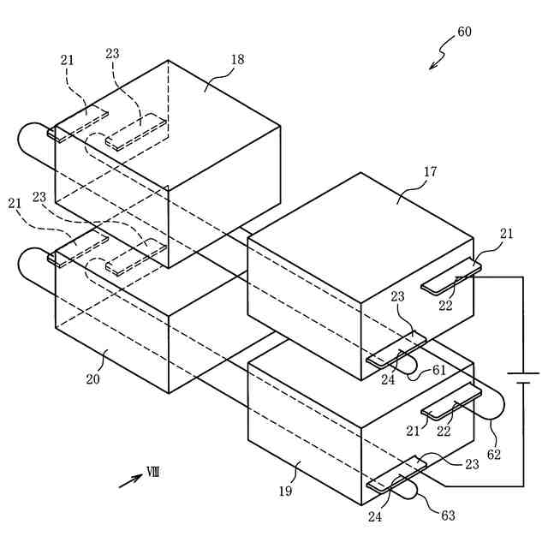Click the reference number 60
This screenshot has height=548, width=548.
click(x=464, y=33)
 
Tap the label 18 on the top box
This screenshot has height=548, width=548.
click(x=237, y=59)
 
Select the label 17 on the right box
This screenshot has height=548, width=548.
click(x=430, y=172)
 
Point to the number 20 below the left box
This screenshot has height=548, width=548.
click(x=92, y=378)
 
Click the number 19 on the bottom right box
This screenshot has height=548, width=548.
click(x=286, y=491)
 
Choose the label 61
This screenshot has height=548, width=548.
click(x=438, y=369)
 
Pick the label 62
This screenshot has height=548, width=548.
click(x=493, y=453)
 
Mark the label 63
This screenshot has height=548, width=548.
click(x=448, y=515)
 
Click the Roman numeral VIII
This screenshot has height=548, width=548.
click(x=153, y=472)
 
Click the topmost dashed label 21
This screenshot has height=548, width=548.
click(x=68, y=60)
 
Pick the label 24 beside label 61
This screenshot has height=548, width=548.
click(x=388, y=380)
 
